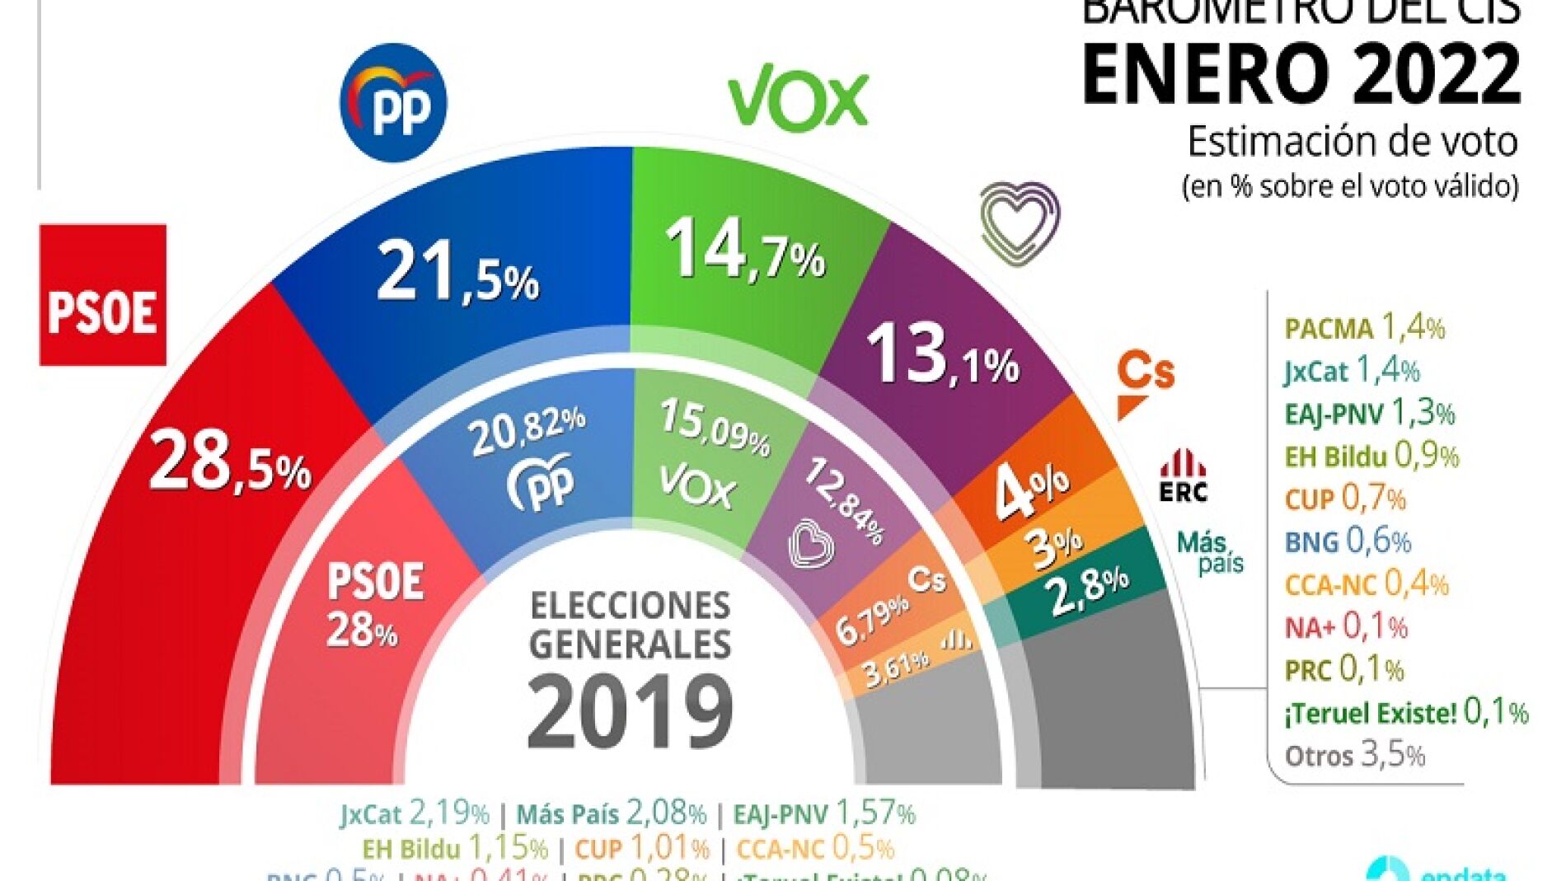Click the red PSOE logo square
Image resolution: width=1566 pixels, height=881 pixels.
click(103, 295)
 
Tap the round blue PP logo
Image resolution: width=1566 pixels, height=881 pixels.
click(393, 103)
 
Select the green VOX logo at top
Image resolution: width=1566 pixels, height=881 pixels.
click(798, 96)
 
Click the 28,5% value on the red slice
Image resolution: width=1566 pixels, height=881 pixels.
click(230, 462)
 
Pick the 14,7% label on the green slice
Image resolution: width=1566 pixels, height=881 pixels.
click(744, 250)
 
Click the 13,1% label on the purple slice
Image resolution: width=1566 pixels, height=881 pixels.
click(942, 355)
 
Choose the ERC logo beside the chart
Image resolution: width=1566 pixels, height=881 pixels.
click(1183, 477)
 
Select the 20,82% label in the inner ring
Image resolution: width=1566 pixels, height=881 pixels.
click(527, 431)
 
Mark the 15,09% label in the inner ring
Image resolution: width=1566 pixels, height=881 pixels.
click(715, 426)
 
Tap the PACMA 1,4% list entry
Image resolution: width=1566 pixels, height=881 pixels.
click(1364, 328)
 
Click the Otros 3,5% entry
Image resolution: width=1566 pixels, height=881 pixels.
click(1355, 755)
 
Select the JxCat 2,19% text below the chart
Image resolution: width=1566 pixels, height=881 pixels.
click(415, 814)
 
